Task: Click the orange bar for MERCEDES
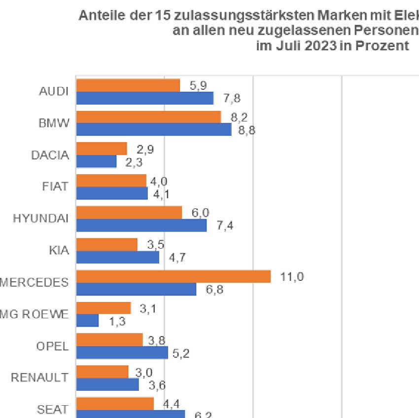[x=173, y=276]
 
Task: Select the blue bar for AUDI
[x=144, y=98]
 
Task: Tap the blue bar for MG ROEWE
[x=87, y=321]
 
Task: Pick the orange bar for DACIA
[x=102, y=149]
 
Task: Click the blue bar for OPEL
[x=122, y=352]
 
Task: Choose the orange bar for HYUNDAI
[x=129, y=213]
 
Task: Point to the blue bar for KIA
[x=117, y=257]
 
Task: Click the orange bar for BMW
[x=148, y=117]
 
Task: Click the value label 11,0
[x=292, y=276]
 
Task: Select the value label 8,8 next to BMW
[x=246, y=130]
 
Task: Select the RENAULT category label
[x=39, y=378]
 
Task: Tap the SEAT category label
[x=53, y=410]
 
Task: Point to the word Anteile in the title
[x=99, y=16]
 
